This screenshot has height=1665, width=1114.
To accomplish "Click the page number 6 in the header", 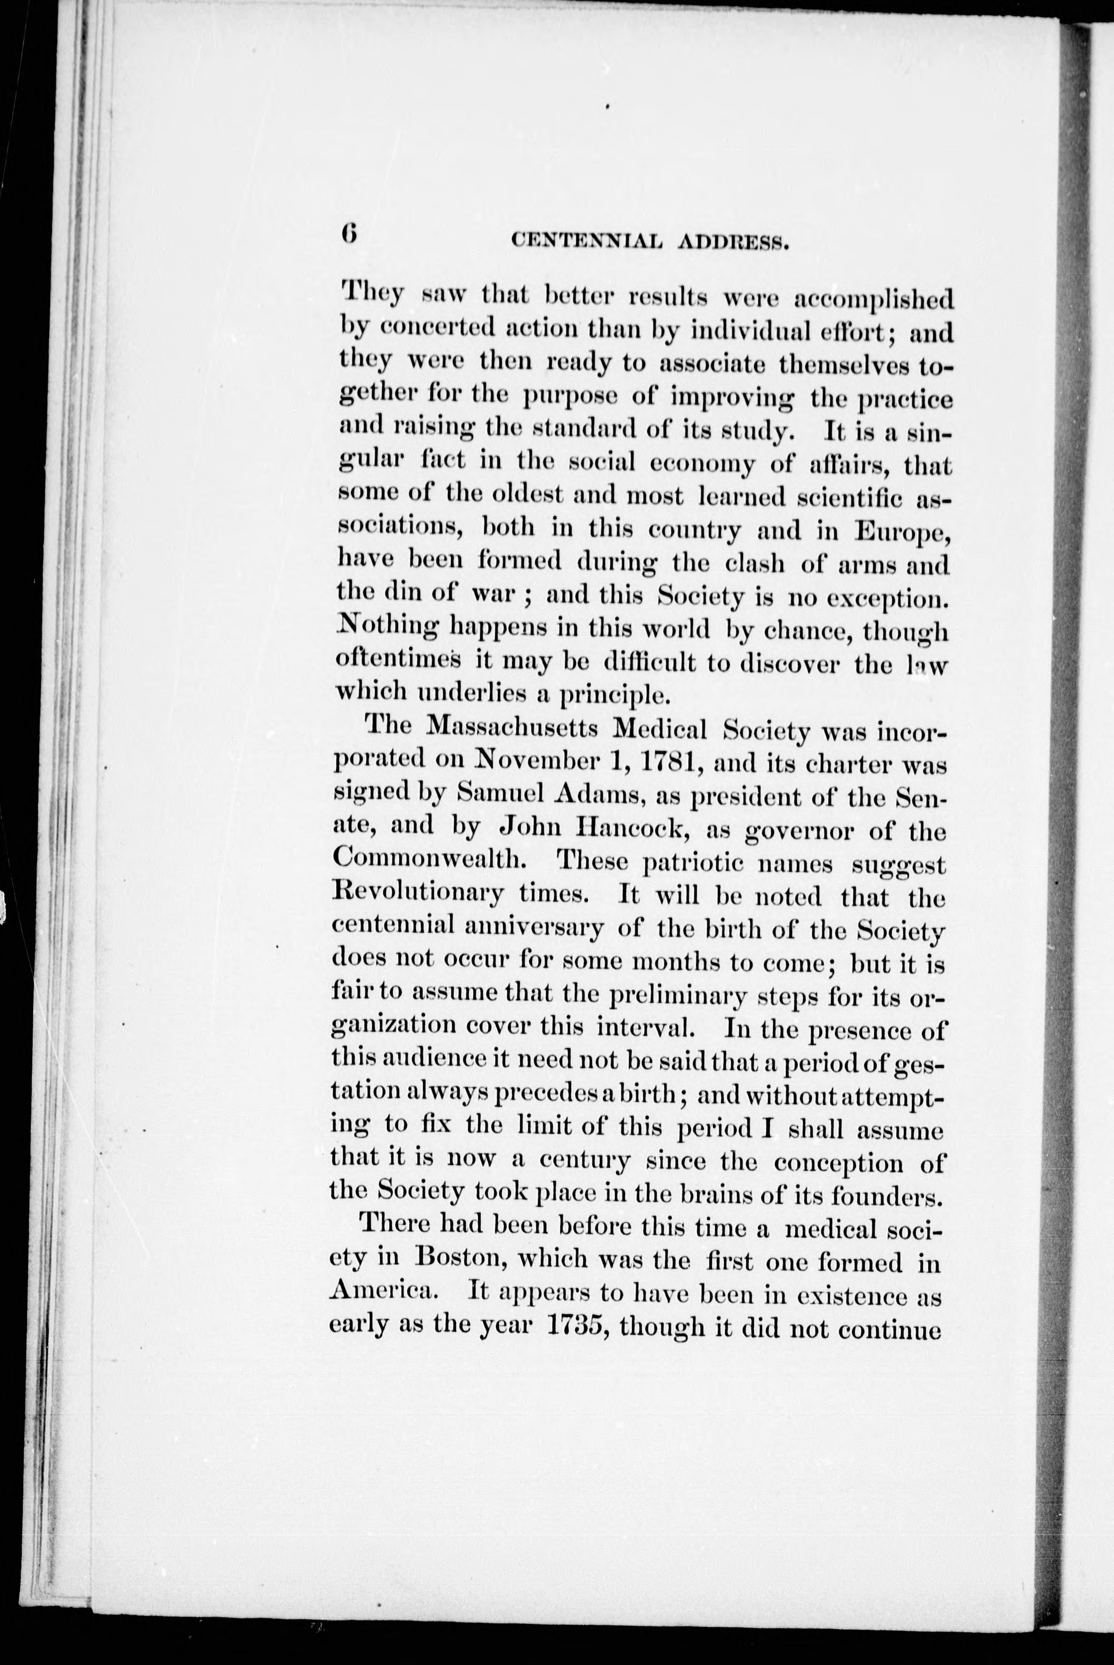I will (348, 233).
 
